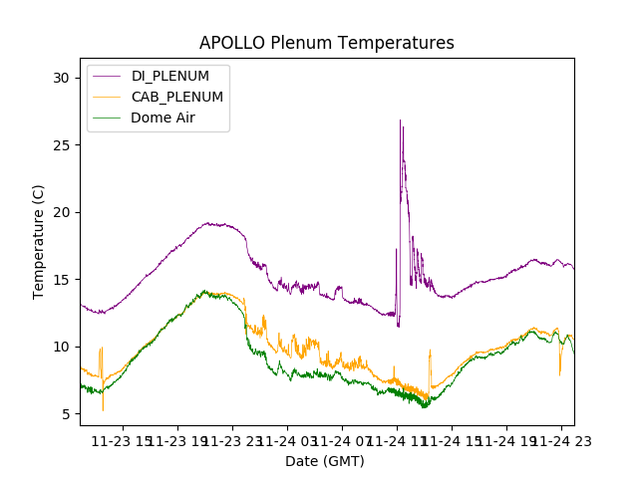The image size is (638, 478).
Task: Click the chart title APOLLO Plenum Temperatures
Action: tap(326, 43)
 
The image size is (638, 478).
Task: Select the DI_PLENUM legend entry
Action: tap(169, 77)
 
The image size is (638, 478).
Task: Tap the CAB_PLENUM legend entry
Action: tap(176, 97)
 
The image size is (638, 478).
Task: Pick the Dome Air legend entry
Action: tap(162, 117)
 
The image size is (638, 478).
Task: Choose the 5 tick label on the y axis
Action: tap(66, 413)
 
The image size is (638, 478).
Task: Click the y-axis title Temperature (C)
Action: tap(39, 242)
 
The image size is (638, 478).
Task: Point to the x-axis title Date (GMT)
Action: tap(325, 461)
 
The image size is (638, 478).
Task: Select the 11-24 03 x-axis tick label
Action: tap(288, 440)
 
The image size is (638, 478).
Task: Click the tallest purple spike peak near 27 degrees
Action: tap(401, 120)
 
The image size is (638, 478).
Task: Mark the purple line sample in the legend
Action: tap(108, 77)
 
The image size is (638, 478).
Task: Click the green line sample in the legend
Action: tap(108, 117)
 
